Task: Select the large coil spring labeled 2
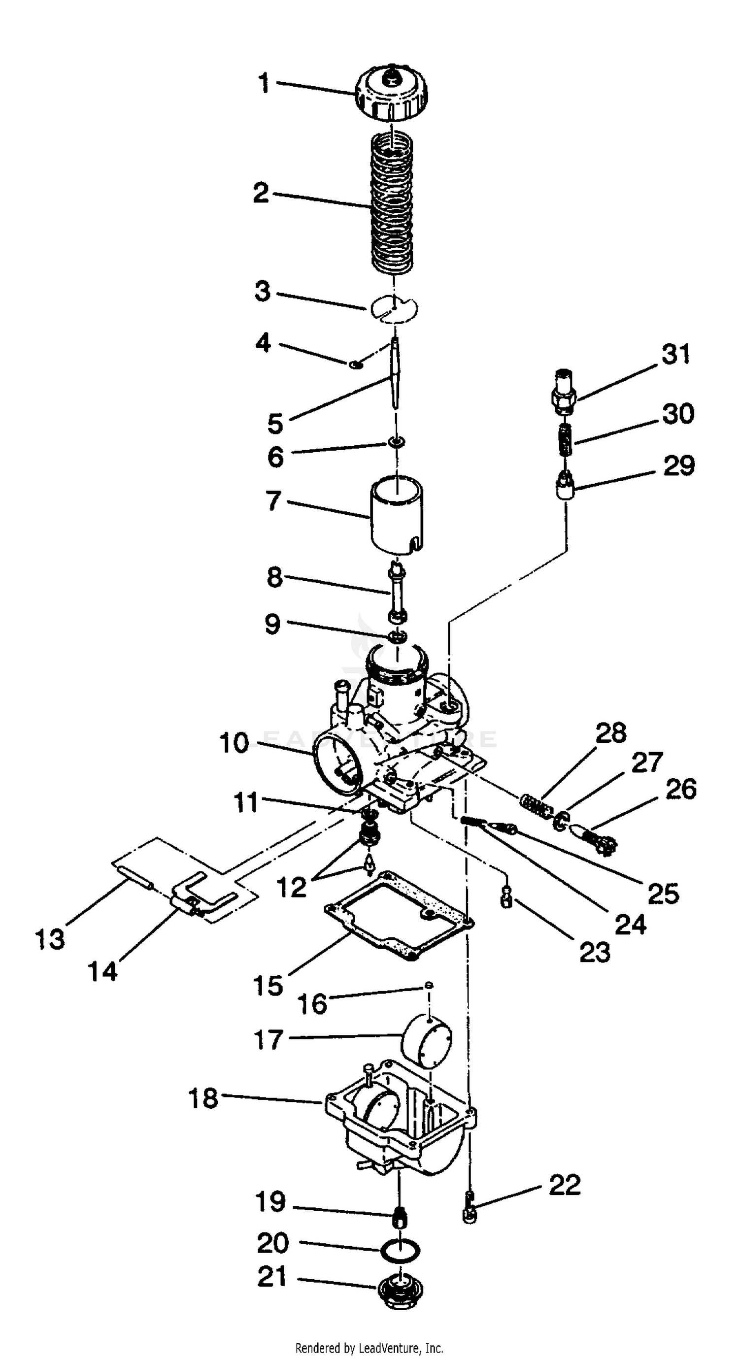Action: click(x=391, y=203)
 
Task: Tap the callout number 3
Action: click(x=262, y=291)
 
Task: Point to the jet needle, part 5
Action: click(x=395, y=373)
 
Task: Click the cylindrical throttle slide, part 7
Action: click(x=397, y=514)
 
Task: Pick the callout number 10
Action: click(x=234, y=743)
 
